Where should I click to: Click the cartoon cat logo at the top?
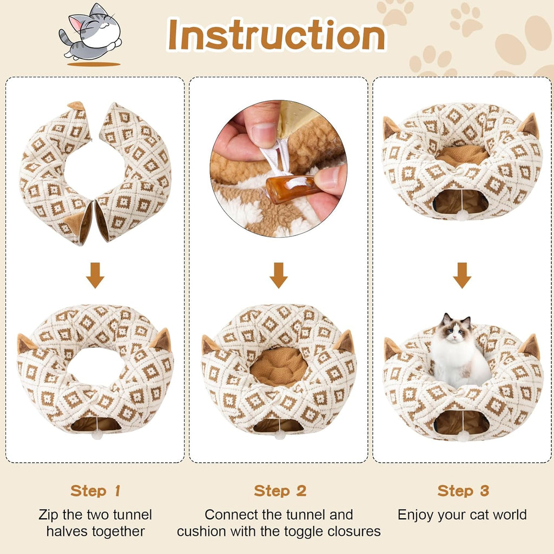[x=91, y=34]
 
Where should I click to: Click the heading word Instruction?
[x=276, y=35]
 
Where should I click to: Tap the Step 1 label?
[x=95, y=491]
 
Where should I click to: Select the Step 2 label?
[x=280, y=491]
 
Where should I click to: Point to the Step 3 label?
[x=463, y=491]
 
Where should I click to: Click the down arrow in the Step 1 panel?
[x=95, y=275]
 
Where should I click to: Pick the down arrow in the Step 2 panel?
[x=279, y=275]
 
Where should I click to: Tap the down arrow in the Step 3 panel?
[x=462, y=275]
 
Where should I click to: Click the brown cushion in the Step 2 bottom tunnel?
[x=279, y=366]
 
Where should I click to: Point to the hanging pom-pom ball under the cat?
[x=463, y=436]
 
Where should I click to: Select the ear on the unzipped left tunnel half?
[x=77, y=105]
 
